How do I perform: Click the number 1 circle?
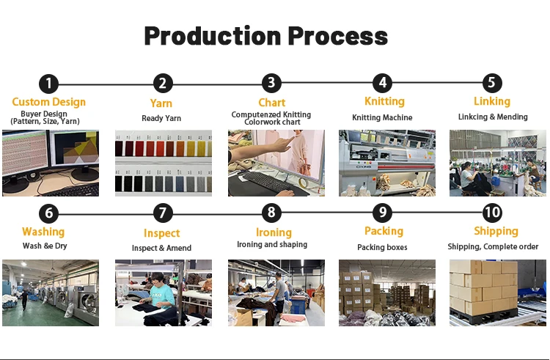tap(49, 84)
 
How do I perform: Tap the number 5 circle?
tap(492, 83)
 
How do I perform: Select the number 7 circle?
tap(162, 213)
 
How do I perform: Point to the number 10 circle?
tap(492, 213)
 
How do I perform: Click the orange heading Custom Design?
tap(48, 102)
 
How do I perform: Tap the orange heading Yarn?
tap(161, 103)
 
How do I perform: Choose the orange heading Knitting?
tap(384, 101)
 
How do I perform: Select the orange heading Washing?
tap(43, 232)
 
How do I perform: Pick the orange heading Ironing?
tap(273, 232)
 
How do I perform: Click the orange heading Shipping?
tap(496, 232)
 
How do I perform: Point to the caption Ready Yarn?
tap(161, 118)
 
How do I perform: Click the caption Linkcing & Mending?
tap(493, 117)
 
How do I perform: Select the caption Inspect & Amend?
tap(161, 248)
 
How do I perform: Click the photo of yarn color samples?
tap(163, 163)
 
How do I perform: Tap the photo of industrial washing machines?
tap(50, 293)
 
